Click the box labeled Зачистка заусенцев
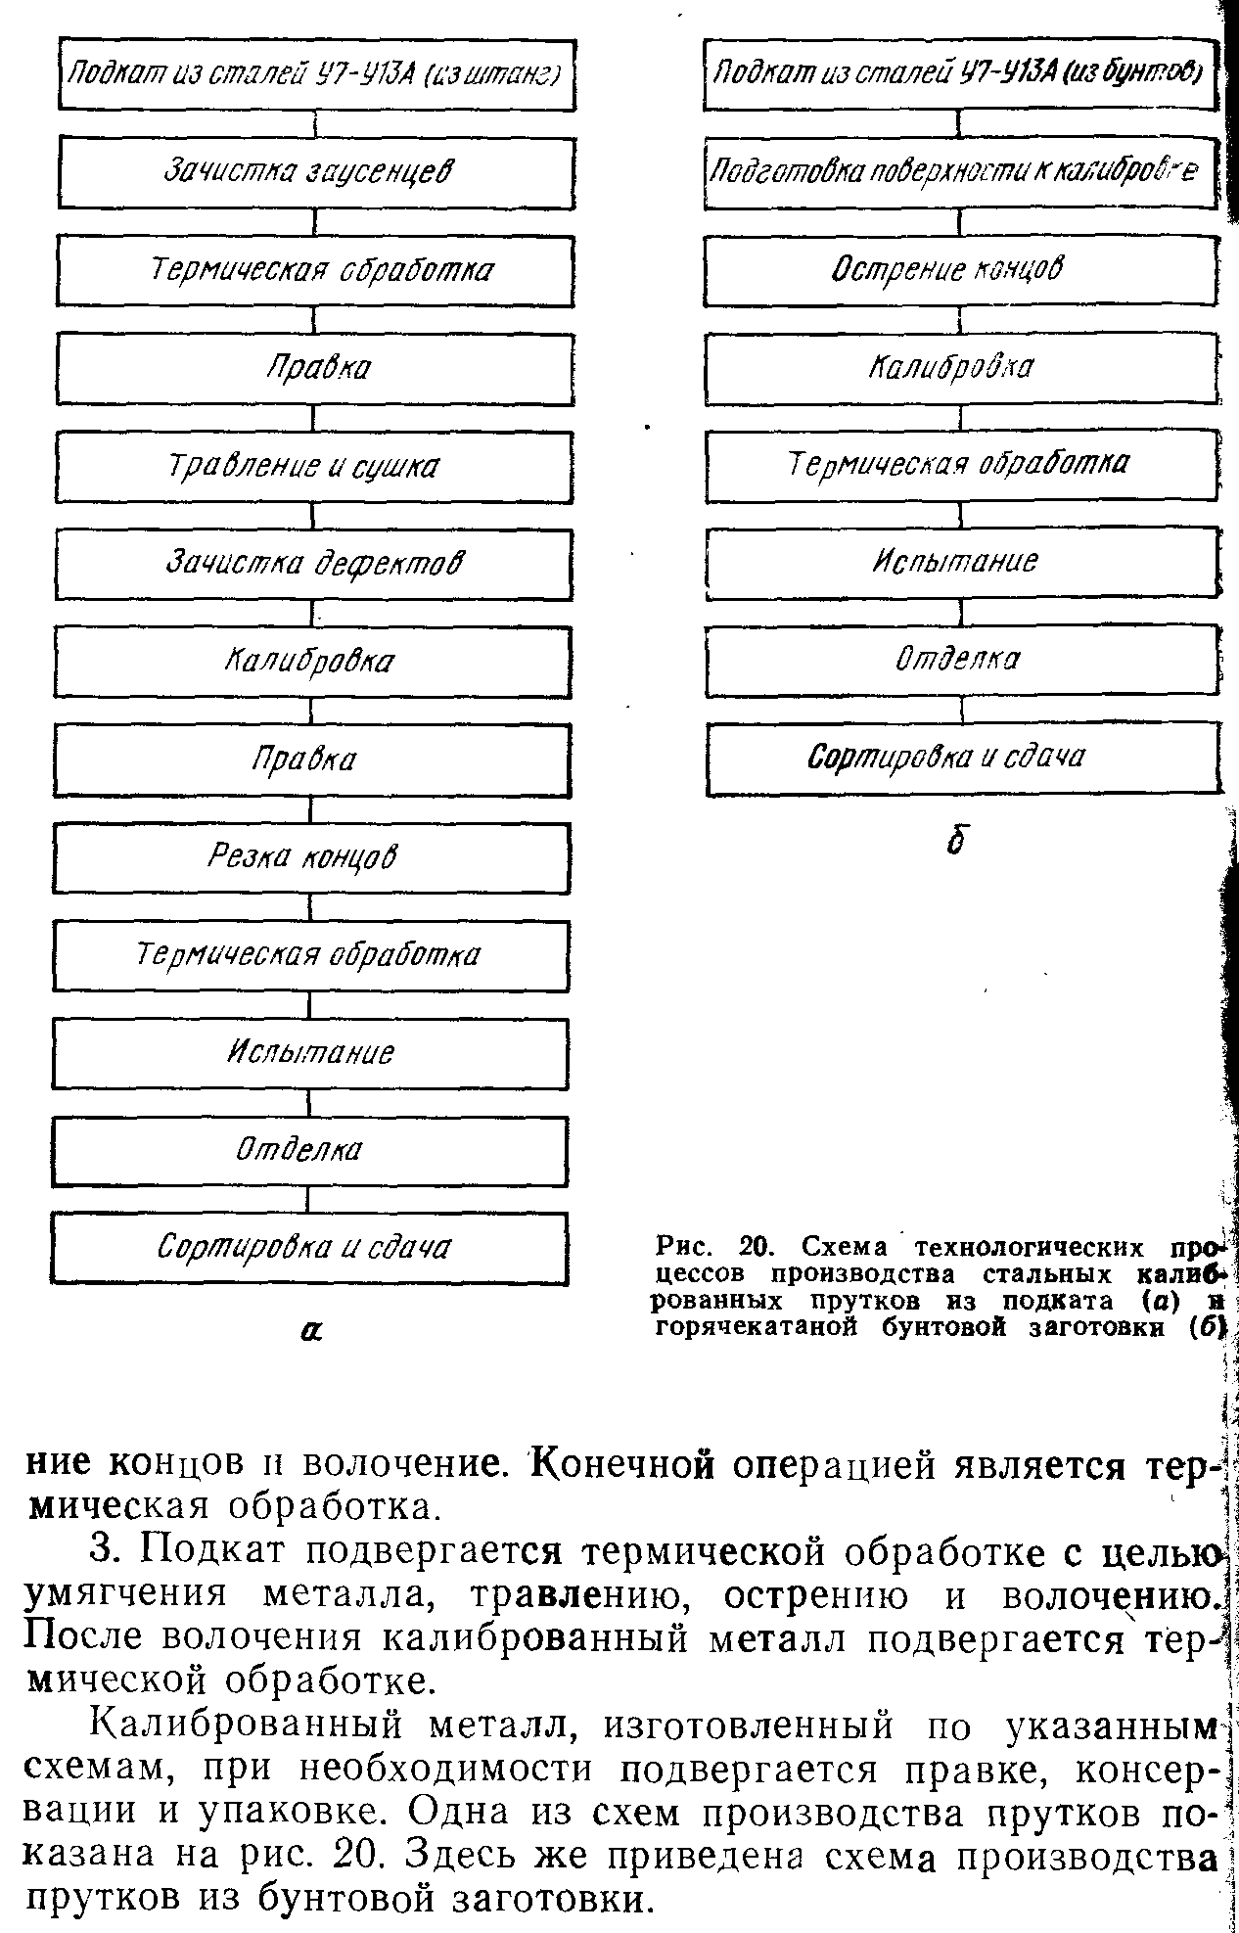[315, 172]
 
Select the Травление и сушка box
[313, 467]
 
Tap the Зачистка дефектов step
[313, 564]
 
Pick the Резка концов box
[311, 857]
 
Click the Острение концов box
[961, 270]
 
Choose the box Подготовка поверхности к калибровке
[959, 173]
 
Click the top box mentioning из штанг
[316, 74]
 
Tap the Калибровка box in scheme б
[961, 368]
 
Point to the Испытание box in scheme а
[310, 1053]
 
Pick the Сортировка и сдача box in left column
[309, 1248]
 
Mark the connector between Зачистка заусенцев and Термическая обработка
[315, 222]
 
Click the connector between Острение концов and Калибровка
[960, 319]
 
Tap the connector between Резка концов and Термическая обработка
[311, 907]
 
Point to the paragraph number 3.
[104, 1553]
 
